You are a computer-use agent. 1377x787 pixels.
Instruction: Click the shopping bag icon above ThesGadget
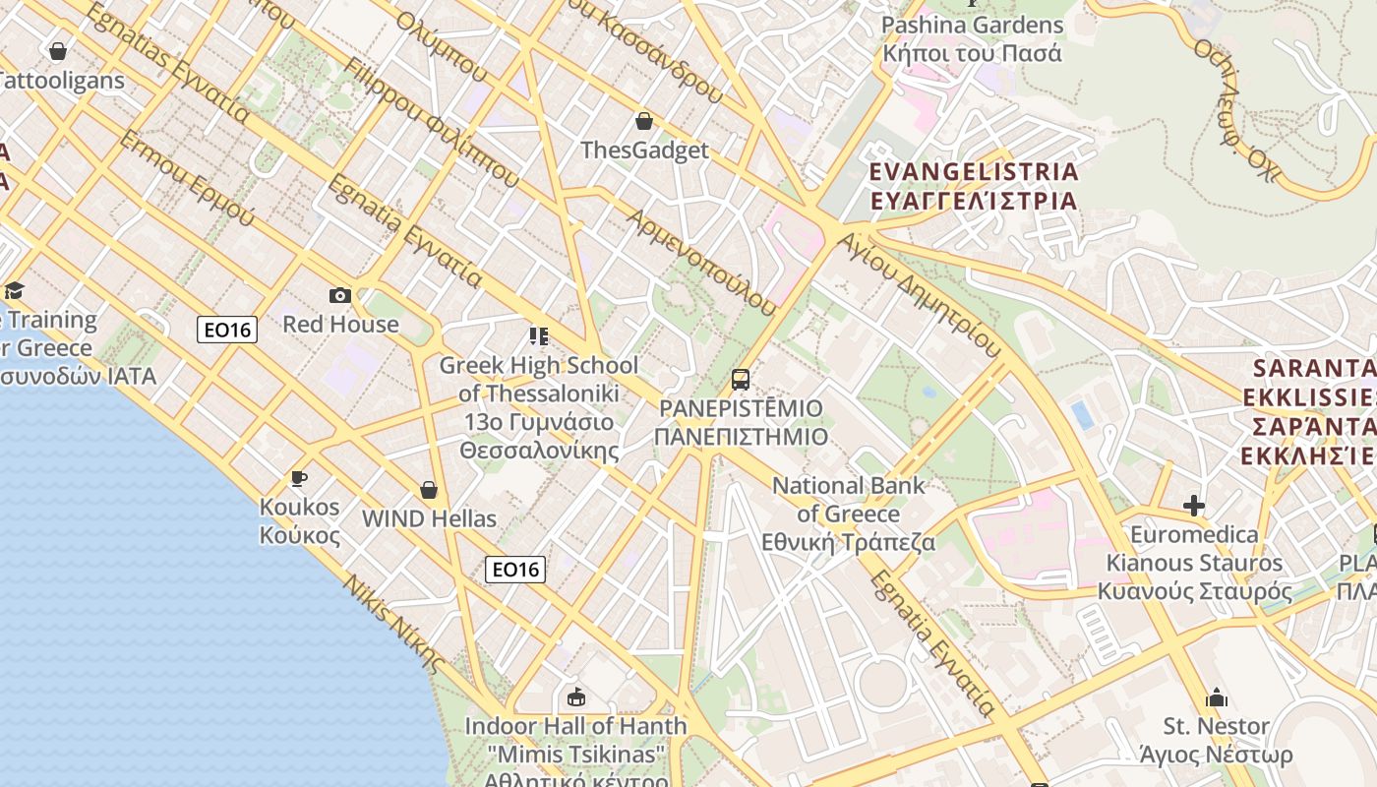[x=644, y=121]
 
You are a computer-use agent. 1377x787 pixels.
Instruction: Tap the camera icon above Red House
[x=340, y=295]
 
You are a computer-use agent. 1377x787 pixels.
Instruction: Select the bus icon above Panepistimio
[x=741, y=379]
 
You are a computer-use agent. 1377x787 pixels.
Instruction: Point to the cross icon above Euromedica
[x=1194, y=506]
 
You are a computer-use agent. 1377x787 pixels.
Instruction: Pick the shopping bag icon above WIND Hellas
[x=429, y=489]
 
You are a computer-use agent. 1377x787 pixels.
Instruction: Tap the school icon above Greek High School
[x=538, y=336]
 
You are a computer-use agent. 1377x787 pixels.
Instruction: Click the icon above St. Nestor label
[x=1217, y=697]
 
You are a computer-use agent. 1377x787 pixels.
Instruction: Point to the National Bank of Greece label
[x=849, y=514]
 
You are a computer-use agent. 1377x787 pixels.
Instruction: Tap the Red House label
[x=341, y=324]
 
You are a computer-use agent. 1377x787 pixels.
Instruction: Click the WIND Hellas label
[x=429, y=518]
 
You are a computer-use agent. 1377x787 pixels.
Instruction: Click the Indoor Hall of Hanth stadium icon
[x=576, y=697]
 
